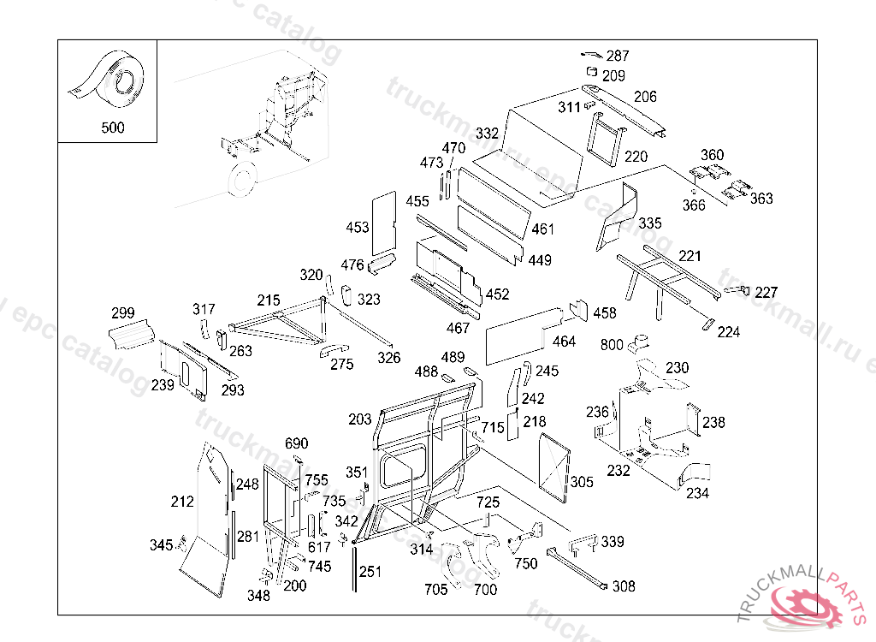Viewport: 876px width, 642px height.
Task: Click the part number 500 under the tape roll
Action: tap(112, 128)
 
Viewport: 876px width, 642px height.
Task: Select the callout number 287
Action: tap(618, 56)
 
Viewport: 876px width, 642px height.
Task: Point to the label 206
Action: tap(645, 97)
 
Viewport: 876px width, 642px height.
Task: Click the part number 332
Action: tap(487, 134)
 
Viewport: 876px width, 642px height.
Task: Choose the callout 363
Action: tap(761, 199)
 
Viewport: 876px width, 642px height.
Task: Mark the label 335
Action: tap(650, 223)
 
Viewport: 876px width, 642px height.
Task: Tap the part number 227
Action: tap(766, 293)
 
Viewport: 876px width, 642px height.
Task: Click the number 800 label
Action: tap(612, 345)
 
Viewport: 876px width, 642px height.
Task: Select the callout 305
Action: tap(582, 483)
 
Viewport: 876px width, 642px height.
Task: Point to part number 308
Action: tap(624, 586)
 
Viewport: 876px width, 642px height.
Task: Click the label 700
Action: tap(485, 590)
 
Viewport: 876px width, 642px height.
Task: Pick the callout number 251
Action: tap(370, 572)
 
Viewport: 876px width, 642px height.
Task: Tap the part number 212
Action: tap(182, 502)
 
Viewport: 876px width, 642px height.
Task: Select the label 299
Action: tap(123, 312)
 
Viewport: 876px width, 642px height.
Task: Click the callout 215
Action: tap(269, 300)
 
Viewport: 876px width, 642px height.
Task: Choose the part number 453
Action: tap(358, 227)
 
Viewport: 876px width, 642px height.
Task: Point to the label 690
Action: tap(296, 443)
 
